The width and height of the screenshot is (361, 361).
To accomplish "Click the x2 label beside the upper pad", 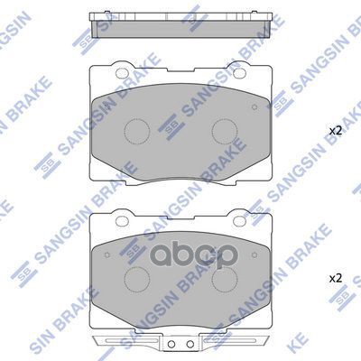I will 335,131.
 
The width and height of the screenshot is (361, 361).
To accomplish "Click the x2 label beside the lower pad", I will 335,277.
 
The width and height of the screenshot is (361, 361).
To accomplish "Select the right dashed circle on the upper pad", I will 223,132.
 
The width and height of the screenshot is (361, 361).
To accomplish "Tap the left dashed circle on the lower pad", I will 137,278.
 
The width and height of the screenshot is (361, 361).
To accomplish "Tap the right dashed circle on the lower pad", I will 223,278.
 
